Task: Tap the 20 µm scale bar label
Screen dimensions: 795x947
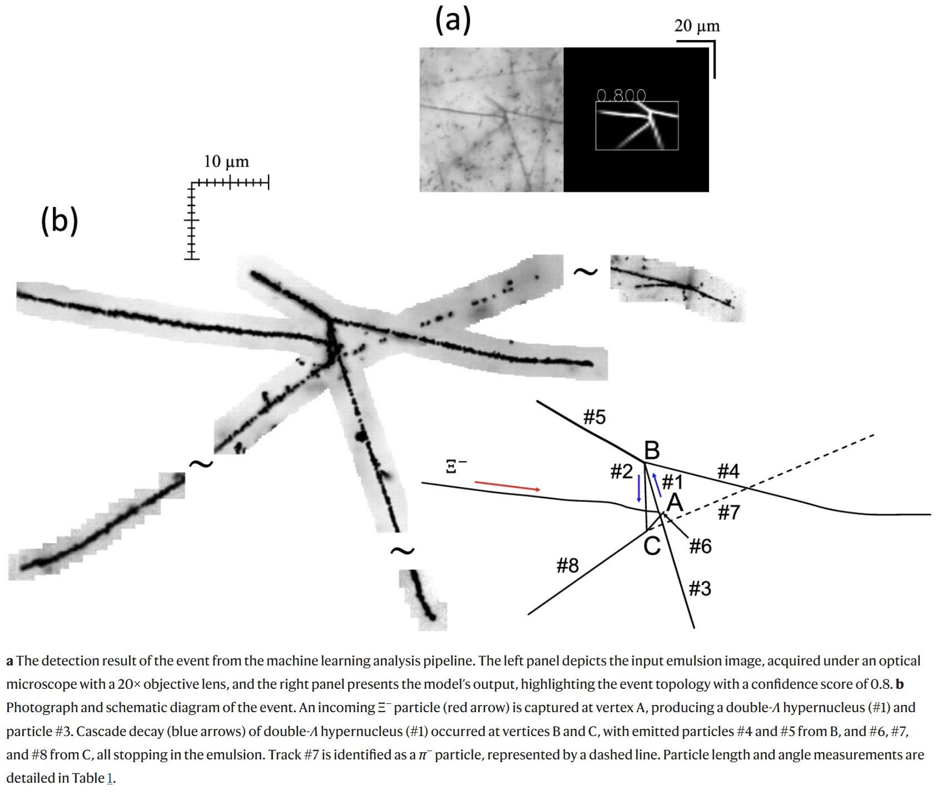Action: pyautogui.click(x=697, y=26)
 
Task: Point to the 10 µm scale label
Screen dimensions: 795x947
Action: pyautogui.click(x=226, y=162)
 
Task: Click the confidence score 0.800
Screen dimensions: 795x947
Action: pyautogui.click(x=621, y=96)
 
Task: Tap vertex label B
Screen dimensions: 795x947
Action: pyautogui.click(x=652, y=450)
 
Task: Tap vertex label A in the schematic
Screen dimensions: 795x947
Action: pyautogui.click(x=675, y=503)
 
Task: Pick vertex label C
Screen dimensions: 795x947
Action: pyautogui.click(x=652, y=546)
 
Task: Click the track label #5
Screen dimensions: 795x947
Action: pyautogui.click(x=594, y=417)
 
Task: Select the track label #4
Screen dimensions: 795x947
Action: pyautogui.click(x=728, y=471)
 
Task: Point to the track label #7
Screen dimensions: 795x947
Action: pyautogui.click(x=728, y=512)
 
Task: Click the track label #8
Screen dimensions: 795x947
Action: pyautogui.click(x=567, y=566)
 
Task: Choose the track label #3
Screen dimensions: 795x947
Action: pyautogui.click(x=700, y=588)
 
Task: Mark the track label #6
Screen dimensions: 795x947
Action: pyautogui.click(x=700, y=546)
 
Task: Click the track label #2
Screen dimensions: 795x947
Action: pyautogui.click(x=621, y=471)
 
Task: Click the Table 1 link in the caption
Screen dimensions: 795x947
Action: pyautogui.click(x=109, y=778)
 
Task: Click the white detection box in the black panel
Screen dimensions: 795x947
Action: pyautogui.click(x=637, y=126)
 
